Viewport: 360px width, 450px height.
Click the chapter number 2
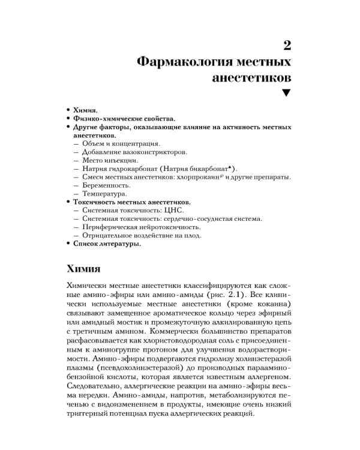click(x=287, y=46)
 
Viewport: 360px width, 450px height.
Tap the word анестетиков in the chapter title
click(x=252, y=78)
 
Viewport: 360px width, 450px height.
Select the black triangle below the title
click(x=286, y=93)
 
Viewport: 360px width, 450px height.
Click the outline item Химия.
click(x=86, y=111)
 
